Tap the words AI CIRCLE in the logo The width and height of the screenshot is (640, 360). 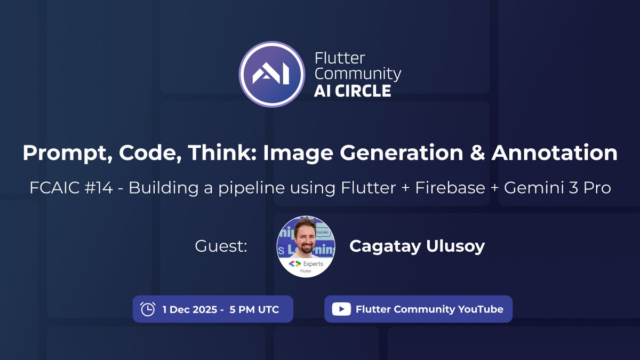click(353, 91)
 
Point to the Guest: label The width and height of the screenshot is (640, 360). click(221, 246)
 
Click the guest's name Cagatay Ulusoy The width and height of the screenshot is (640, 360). click(417, 246)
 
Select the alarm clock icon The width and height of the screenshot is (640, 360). click(147, 309)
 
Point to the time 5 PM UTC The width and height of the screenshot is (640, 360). click(254, 309)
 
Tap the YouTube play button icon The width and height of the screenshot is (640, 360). click(341, 309)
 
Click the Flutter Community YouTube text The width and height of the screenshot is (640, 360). click(429, 309)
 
